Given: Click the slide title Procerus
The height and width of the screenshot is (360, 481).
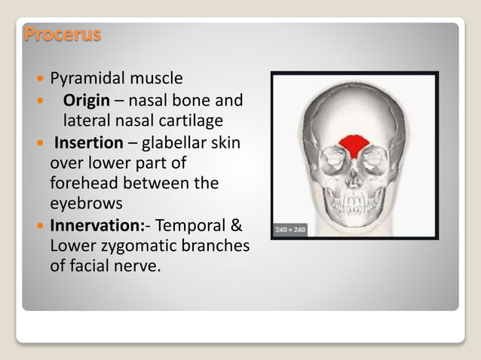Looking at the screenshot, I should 63,35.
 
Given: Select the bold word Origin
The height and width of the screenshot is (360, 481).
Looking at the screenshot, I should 87,100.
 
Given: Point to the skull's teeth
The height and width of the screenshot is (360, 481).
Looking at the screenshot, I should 354,203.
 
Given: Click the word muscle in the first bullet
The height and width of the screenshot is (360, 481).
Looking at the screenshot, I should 156,78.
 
